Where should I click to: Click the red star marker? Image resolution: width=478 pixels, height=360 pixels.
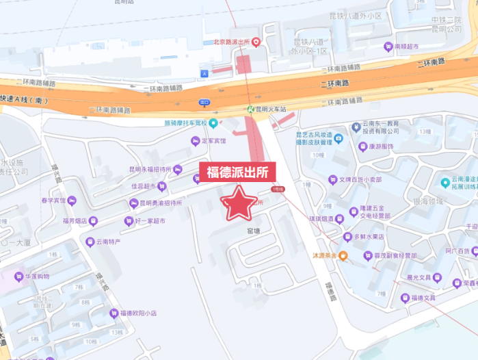tap(240, 203)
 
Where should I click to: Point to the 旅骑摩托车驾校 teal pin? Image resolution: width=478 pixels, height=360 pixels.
tap(213, 123)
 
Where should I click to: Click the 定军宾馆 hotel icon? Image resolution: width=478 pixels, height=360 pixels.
tap(195, 141)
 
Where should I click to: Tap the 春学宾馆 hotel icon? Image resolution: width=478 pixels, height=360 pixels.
tap(72, 201)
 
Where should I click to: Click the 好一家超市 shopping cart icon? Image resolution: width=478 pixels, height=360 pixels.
tap(129, 221)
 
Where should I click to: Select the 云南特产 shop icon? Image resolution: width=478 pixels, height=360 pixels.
tap(90, 242)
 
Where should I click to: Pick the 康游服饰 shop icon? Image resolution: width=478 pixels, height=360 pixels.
tap(363, 146)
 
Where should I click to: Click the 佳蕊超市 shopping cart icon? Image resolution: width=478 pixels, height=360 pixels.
tap(161, 185)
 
